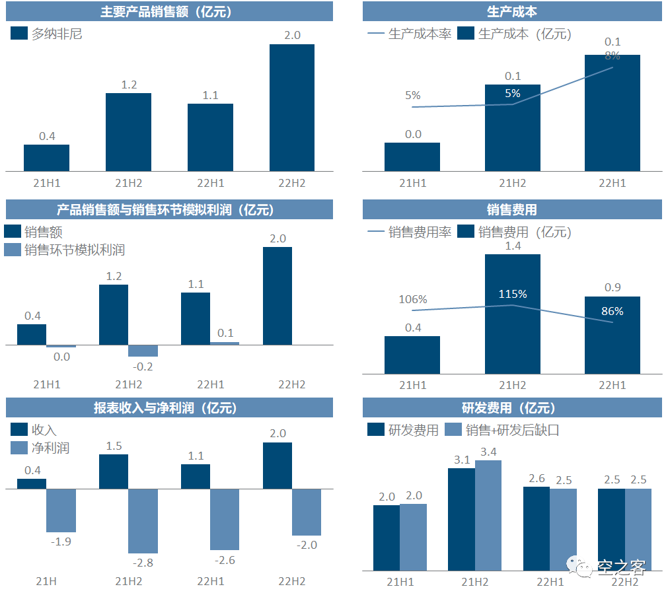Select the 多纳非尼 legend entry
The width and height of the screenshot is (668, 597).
pos(47,34)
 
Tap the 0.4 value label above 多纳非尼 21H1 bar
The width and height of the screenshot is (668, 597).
pos(47,137)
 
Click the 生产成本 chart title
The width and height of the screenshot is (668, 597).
pos(512,11)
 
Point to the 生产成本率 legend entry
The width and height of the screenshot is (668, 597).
pos(410,34)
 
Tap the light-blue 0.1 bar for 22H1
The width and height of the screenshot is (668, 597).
pos(225,343)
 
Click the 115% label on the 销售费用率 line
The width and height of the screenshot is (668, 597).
pos(512,294)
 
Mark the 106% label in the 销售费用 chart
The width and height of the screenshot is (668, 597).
pos(413,299)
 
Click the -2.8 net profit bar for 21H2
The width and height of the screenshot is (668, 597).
pos(143,521)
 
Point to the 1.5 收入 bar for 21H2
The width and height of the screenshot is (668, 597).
pos(114,472)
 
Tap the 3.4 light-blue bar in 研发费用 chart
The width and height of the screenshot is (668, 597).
pos(488,515)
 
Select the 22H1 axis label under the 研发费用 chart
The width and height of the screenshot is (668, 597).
pos(550,582)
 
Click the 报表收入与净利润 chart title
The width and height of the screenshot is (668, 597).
pos(165,408)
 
